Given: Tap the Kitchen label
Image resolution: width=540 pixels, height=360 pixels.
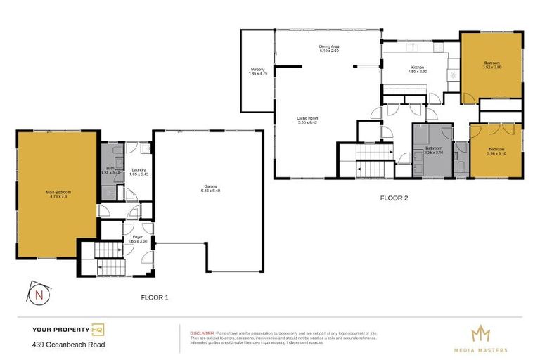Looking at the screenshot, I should (419, 69).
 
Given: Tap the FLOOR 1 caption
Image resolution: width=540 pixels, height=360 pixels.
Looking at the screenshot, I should (154, 297).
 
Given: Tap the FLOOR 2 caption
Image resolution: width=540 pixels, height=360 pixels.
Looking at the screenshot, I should (394, 198).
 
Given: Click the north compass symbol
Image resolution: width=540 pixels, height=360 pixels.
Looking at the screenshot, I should (39, 294).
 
